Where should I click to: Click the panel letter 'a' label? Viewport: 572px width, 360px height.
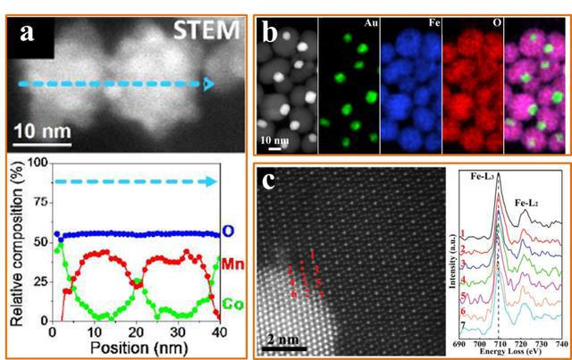tap(30, 37)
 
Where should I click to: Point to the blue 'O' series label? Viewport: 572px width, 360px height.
tap(228, 231)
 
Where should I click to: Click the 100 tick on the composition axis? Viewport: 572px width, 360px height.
tap(36, 163)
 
